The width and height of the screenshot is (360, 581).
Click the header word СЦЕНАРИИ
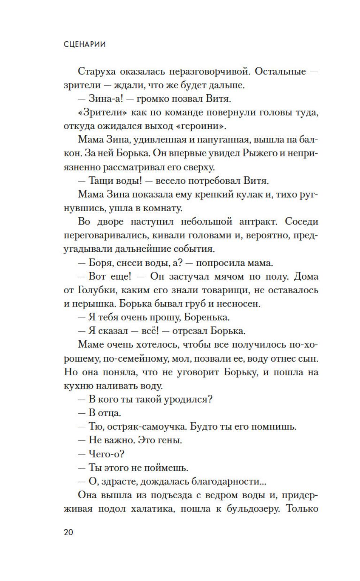click(85, 44)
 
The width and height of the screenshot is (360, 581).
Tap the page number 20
click(68, 532)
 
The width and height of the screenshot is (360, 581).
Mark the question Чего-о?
click(106, 454)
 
